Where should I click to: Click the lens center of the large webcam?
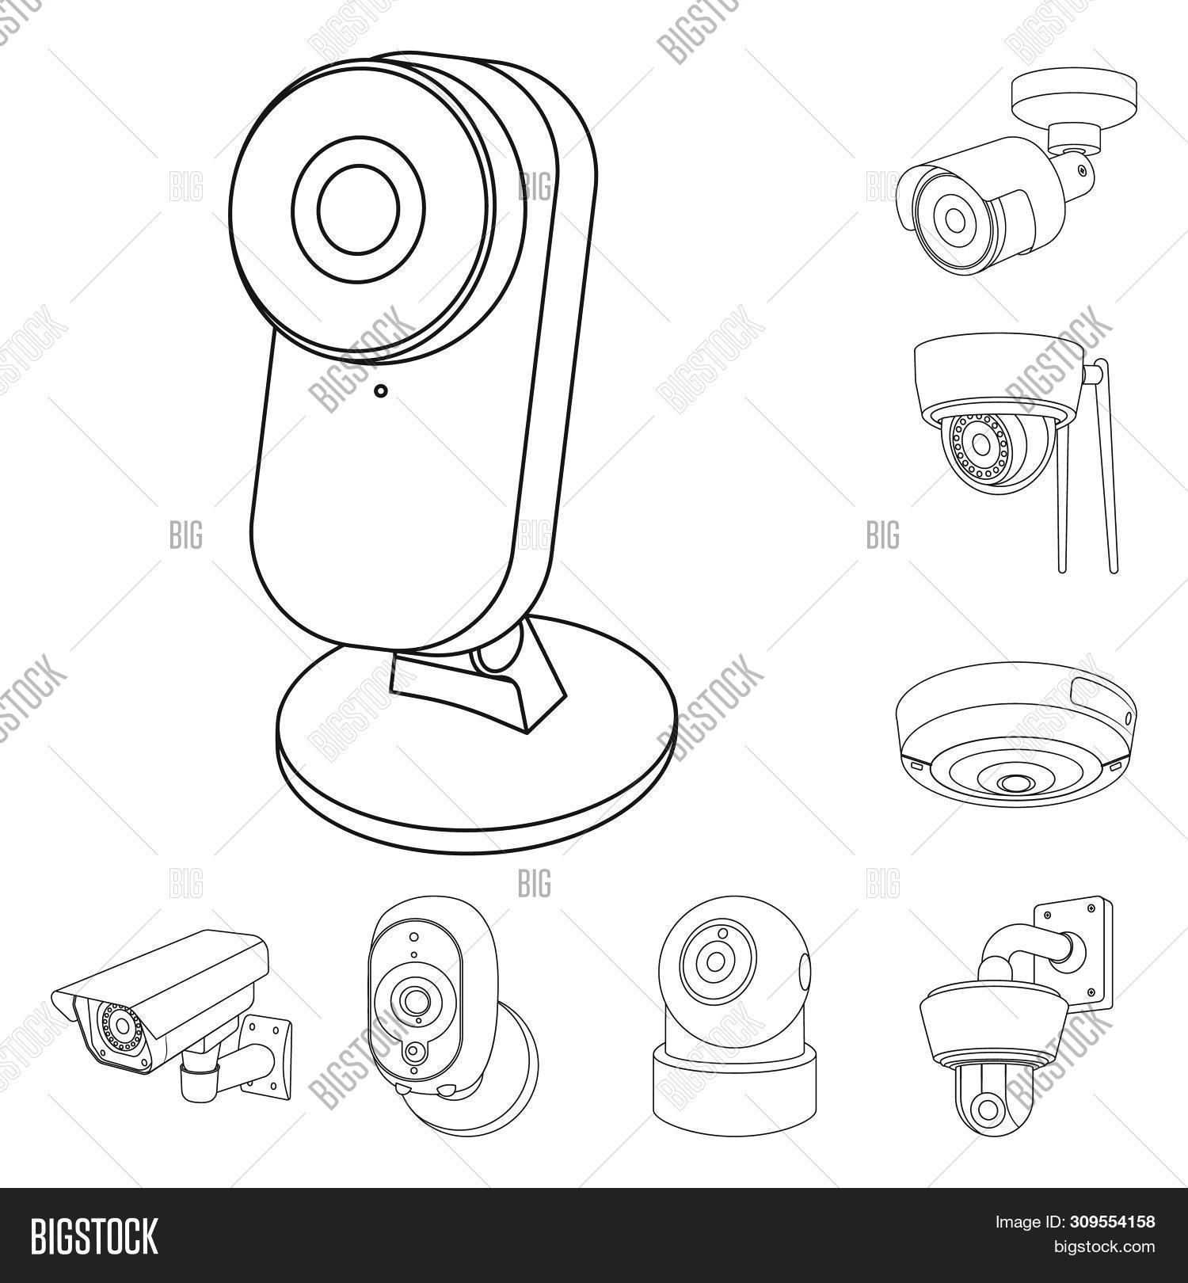tap(358, 207)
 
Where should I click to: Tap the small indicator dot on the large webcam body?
tap(381, 390)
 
